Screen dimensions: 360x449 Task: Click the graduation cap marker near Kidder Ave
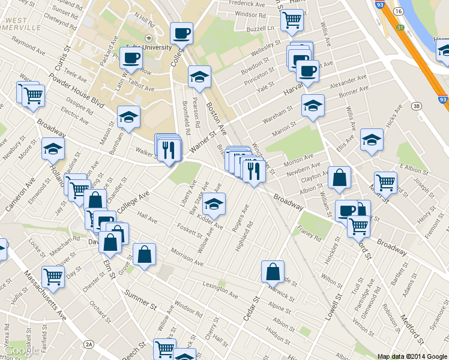[x=214, y=205]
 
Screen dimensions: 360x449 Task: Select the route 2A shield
[x=89, y=344]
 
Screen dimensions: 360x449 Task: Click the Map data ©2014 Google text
[x=412, y=356]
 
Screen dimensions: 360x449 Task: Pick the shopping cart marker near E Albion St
[x=385, y=183]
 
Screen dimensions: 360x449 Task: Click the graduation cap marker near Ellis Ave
[x=372, y=140]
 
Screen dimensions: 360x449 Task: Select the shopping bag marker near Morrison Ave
[x=145, y=254]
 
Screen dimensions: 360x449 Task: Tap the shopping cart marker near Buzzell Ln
[x=292, y=20]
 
